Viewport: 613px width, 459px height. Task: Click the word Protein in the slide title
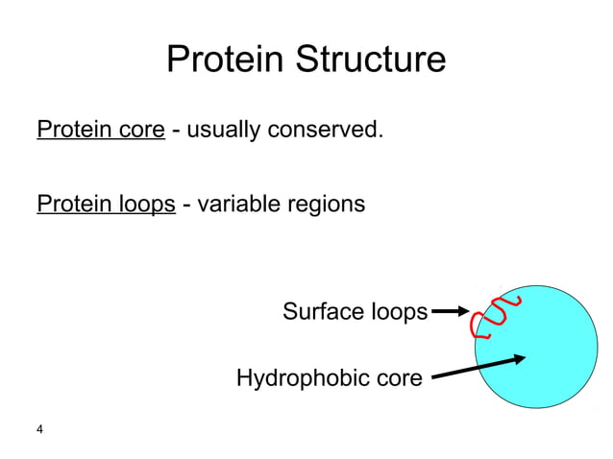(x=225, y=60)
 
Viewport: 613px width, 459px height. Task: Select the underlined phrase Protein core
(x=101, y=130)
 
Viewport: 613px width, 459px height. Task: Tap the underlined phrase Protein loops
(x=106, y=205)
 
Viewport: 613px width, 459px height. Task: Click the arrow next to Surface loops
(x=450, y=311)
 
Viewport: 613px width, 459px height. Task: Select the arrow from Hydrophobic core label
(x=478, y=367)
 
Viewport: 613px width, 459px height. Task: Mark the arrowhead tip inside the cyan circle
(x=525, y=357)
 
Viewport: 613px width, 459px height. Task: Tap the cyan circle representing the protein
(x=548, y=365)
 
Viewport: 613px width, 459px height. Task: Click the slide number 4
(x=39, y=430)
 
